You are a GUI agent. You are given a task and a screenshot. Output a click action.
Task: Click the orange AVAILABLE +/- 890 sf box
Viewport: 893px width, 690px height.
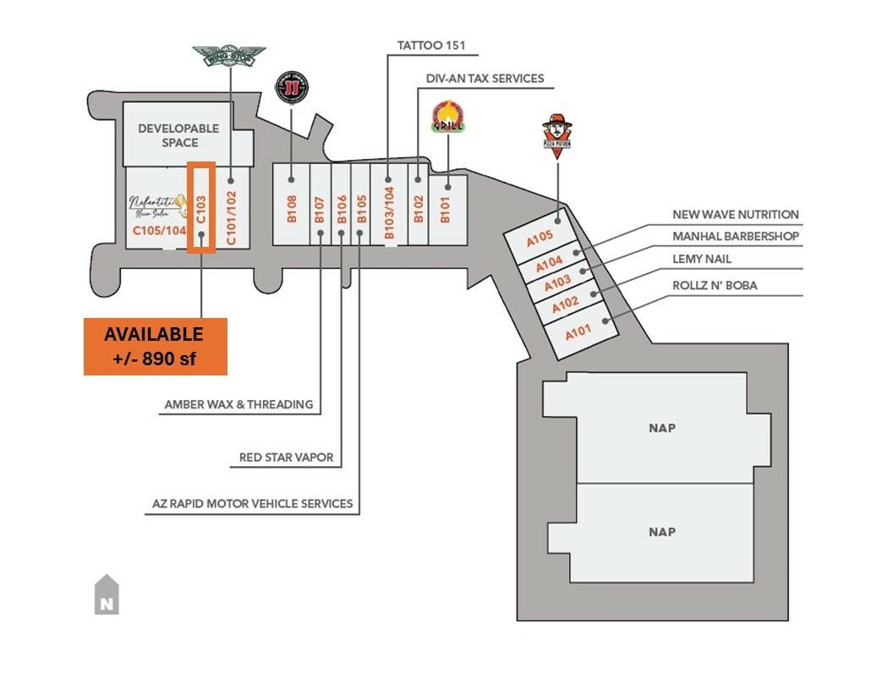click(x=155, y=346)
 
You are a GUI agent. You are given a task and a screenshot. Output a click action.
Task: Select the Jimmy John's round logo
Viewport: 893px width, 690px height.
click(x=292, y=87)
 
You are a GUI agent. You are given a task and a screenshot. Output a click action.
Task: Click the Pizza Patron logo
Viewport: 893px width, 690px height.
click(x=557, y=132)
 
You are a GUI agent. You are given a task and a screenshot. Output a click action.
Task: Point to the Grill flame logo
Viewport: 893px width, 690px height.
click(x=445, y=117)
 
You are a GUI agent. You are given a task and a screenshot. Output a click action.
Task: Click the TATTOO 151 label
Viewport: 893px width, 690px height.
click(x=431, y=45)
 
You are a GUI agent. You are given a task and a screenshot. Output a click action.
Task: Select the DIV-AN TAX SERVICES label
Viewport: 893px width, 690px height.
click(x=485, y=79)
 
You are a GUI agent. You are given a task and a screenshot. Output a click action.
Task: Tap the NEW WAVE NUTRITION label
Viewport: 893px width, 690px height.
click(x=735, y=215)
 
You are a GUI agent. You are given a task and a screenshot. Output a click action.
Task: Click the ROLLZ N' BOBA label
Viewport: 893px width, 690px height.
click(x=715, y=285)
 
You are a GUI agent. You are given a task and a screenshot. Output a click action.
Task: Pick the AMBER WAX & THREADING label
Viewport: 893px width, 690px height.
click(x=238, y=404)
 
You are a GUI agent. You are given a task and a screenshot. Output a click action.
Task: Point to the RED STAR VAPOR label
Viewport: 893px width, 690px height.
click(x=286, y=457)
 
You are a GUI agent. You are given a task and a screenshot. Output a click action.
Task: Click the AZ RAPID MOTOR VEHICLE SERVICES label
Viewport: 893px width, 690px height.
click(x=252, y=503)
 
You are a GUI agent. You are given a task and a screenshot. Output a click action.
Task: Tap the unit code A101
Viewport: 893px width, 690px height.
click(x=578, y=331)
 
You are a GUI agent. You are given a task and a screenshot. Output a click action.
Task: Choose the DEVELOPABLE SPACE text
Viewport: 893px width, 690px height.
click(x=178, y=135)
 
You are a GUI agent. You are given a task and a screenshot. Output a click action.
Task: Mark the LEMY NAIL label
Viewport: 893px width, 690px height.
click(x=702, y=259)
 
